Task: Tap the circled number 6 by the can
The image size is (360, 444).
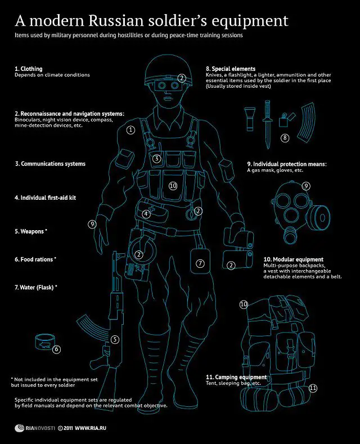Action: pyautogui.click(x=56, y=349)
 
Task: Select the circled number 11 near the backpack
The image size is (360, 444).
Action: pyautogui.click(x=313, y=388)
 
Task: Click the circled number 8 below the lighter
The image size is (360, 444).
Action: pyautogui.click(x=285, y=137)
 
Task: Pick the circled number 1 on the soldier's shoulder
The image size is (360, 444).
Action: pyautogui.click(x=130, y=129)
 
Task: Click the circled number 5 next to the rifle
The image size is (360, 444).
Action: pyautogui.click(x=115, y=339)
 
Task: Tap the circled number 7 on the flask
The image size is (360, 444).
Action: pyautogui.click(x=200, y=263)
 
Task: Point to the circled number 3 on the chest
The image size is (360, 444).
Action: pyautogui.click(x=157, y=159)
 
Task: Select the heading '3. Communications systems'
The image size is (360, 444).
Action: pyautogui.click(x=50, y=164)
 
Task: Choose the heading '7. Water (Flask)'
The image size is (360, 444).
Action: pyautogui.click(x=36, y=287)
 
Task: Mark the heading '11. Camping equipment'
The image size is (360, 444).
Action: pyautogui.click(x=236, y=376)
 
